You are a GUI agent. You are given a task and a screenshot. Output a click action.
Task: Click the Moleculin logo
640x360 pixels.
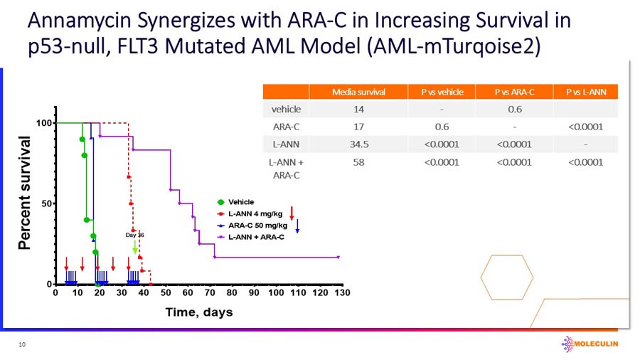590,343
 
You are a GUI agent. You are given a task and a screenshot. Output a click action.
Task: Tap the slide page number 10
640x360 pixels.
22,344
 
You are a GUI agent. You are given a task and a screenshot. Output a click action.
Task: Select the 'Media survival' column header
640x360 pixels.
358,92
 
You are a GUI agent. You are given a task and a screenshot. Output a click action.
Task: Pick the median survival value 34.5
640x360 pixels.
358,144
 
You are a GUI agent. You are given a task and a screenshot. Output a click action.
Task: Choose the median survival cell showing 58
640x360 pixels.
358,162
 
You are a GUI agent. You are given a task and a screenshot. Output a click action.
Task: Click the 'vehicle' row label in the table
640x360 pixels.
286,110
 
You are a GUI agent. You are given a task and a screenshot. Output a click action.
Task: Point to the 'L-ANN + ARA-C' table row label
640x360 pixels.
286,168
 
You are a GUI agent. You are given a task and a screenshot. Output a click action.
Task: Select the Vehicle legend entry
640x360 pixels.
240,202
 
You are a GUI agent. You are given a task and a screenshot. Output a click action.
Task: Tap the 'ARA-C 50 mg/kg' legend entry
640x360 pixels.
255,225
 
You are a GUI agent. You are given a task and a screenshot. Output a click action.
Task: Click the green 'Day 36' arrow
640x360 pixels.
135,246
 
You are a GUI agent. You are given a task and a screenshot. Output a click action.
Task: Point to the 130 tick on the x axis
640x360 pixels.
343,292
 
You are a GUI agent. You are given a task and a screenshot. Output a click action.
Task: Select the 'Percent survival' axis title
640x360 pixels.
25,193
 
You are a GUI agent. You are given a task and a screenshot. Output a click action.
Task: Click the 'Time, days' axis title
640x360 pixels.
198,312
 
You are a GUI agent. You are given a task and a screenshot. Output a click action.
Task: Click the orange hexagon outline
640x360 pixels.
507,277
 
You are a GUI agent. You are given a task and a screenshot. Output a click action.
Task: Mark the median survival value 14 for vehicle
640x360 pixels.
358,110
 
